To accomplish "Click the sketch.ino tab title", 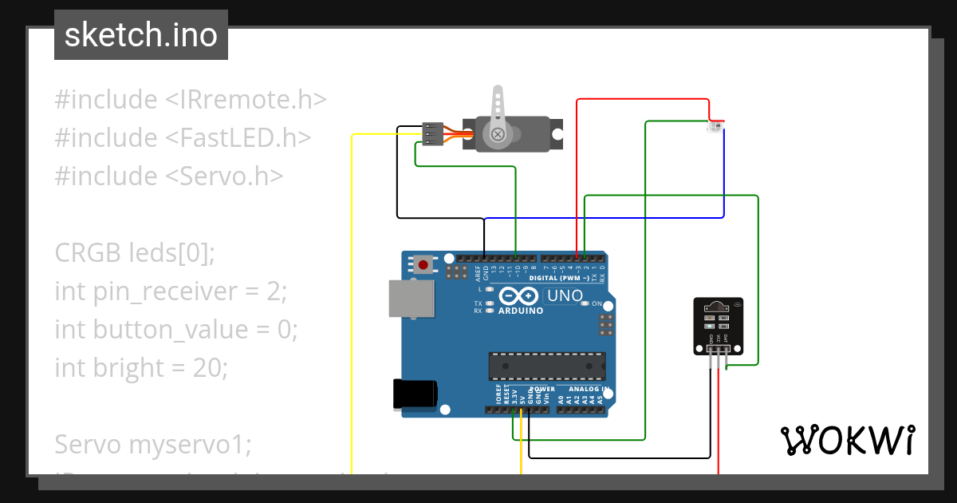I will pyautogui.click(x=141, y=35).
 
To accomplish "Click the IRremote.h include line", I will pyautogui.click(x=191, y=100).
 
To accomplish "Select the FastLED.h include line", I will pyautogui.click(x=183, y=138).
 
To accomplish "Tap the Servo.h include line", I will pyautogui.click(x=168, y=176).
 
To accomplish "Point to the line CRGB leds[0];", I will pyautogui.click(x=135, y=253).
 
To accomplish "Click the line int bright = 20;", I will pyautogui.click(x=141, y=367).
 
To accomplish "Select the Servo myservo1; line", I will pyautogui.click(x=152, y=444).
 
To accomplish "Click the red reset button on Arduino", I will pyautogui.click(x=423, y=263).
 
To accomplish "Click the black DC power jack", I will pyautogui.click(x=415, y=394).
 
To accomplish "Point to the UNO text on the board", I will pyautogui.click(x=565, y=295).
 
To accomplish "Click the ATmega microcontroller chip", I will pyautogui.click(x=546, y=365).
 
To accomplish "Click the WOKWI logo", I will pyautogui.click(x=847, y=440).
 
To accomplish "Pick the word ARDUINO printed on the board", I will pyautogui.click(x=520, y=311).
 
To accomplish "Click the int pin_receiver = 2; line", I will pyautogui.click(x=170, y=291).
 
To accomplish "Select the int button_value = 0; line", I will pyautogui.click(x=176, y=329).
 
